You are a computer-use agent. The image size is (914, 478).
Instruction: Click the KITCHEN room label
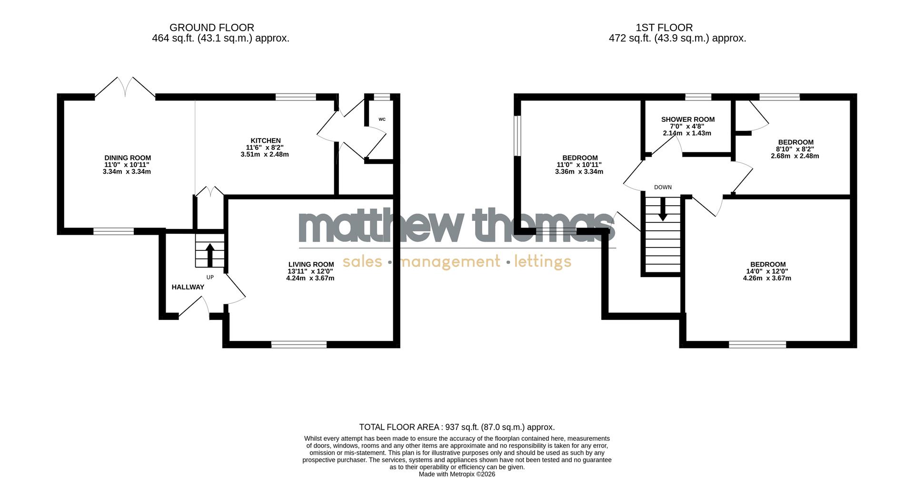266,140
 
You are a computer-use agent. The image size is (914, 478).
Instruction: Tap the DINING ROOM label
128,158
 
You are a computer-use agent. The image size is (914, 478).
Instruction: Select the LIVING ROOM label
311,265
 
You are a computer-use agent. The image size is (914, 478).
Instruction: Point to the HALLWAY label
188,287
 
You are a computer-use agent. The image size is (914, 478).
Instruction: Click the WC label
382,119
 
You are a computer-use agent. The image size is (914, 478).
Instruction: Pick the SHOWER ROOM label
688,119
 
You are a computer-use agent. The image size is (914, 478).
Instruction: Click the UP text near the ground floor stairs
210,277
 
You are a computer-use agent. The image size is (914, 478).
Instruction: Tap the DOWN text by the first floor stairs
663,187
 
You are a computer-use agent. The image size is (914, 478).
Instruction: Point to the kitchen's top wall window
296,97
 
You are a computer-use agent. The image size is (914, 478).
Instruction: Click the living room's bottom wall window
299,344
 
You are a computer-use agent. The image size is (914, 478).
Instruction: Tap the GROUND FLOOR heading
212,28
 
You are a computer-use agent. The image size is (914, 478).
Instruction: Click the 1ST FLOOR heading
664,28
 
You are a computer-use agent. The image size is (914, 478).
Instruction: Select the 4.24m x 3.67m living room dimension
310,278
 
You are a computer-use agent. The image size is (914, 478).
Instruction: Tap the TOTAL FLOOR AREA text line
457,427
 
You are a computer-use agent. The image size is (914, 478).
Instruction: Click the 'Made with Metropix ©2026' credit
457,474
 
